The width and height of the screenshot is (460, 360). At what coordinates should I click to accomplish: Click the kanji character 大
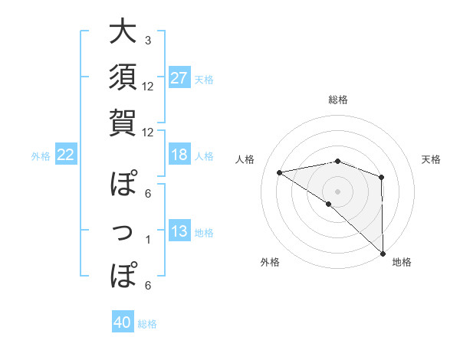click(x=123, y=33)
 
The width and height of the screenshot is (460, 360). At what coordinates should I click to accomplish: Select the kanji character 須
click(x=123, y=77)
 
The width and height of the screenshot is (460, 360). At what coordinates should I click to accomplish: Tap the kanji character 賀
click(x=123, y=121)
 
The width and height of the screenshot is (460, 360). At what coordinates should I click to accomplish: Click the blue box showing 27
click(x=179, y=77)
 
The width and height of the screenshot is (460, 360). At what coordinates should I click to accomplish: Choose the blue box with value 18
click(x=179, y=155)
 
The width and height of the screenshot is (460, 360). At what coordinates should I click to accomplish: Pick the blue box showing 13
click(x=179, y=231)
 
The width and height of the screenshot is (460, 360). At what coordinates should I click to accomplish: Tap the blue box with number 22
click(x=66, y=155)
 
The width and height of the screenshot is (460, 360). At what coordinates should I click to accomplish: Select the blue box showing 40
click(x=123, y=323)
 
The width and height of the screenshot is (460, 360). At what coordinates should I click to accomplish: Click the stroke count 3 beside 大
click(x=148, y=40)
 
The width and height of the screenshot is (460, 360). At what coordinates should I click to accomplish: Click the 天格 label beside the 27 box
click(x=203, y=79)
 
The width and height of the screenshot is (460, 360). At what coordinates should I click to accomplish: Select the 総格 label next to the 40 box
click(x=147, y=324)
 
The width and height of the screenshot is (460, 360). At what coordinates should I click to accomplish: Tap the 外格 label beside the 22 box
click(x=41, y=156)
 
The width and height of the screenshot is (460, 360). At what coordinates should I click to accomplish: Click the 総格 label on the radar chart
click(x=337, y=100)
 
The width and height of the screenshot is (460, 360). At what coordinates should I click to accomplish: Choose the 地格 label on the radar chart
click(x=402, y=262)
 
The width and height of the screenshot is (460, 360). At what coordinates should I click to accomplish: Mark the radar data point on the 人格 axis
click(x=279, y=172)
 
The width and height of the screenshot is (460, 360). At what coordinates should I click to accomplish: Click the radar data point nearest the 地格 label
click(x=382, y=253)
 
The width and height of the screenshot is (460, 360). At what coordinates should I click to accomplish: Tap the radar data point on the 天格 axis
click(x=381, y=178)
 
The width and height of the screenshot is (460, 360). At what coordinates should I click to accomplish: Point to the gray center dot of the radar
click(x=337, y=191)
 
